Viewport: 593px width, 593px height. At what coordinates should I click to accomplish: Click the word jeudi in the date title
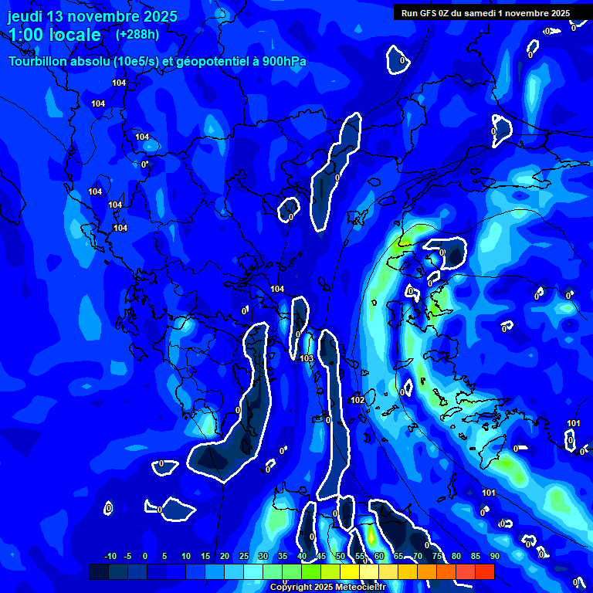coord(25,16)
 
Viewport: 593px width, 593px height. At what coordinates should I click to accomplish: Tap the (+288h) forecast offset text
coord(137,35)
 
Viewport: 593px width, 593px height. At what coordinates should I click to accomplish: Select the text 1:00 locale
coord(54,36)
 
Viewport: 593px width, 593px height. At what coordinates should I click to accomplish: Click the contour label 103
coord(307,358)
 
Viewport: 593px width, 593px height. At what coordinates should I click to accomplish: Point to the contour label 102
coord(357,400)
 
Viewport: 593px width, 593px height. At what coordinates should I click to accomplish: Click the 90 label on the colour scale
coord(494,556)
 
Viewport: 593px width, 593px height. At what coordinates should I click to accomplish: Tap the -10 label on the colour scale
coord(110,556)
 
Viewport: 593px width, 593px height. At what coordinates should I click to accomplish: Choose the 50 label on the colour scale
coord(341,556)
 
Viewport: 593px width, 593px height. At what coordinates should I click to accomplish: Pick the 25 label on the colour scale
coord(244,556)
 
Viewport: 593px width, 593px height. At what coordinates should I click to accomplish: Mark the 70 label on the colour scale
coord(418,556)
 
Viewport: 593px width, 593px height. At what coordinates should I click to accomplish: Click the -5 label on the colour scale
coord(127,556)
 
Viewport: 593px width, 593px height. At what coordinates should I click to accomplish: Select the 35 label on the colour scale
coord(283,556)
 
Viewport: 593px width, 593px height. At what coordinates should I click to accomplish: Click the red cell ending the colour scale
coord(484,571)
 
